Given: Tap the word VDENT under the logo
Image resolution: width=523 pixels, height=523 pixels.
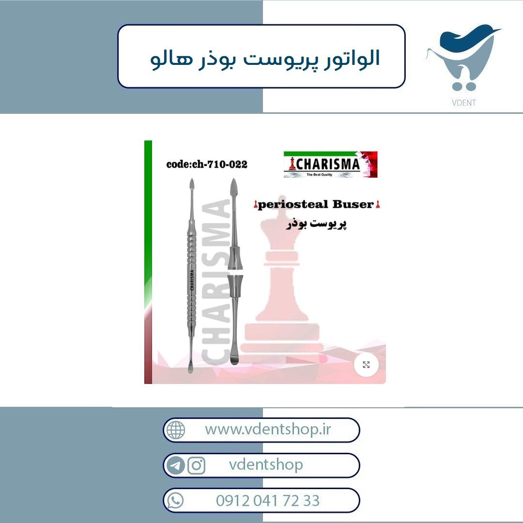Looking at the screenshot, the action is (x=463, y=103).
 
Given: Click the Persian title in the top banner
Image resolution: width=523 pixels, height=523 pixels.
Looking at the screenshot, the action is (x=265, y=58).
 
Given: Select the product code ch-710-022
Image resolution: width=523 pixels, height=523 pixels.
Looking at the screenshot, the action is (x=207, y=164).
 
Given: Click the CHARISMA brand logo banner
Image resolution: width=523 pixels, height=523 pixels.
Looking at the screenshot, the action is (x=330, y=164).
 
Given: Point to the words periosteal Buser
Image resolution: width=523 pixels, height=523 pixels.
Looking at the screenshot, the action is (x=316, y=204).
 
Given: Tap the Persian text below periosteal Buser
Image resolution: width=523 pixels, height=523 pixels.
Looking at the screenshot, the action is (x=316, y=224).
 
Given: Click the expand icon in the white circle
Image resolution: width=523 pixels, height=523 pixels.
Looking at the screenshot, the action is (x=366, y=365).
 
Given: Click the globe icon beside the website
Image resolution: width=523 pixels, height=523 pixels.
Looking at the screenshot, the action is (x=176, y=430).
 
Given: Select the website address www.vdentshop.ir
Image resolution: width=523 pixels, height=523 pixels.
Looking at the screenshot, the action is (x=268, y=429).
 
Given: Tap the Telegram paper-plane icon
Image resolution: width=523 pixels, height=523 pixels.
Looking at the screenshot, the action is (x=175, y=465).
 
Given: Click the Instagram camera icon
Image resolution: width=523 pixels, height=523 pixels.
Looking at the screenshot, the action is (x=197, y=465).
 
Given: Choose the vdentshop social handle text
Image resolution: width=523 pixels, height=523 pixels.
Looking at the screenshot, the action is (x=266, y=464).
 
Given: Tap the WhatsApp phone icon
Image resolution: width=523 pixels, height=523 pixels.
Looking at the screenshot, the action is (x=175, y=501).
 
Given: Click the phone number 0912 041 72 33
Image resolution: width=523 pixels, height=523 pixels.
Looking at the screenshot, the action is (x=268, y=501).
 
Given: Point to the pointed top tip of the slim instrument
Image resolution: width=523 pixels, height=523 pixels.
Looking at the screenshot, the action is (x=192, y=179).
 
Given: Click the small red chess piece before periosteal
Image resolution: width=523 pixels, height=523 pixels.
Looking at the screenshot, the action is (x=256, y=204).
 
